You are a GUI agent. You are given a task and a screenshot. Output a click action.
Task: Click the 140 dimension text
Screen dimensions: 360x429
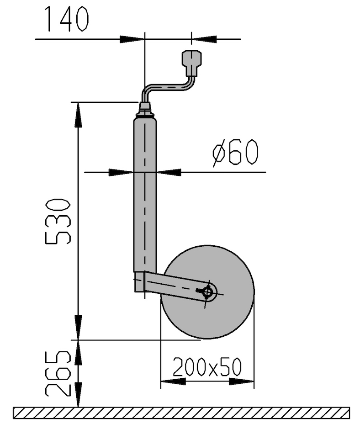(68, 19)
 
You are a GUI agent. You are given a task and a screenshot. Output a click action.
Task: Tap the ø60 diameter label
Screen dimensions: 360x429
(235, 153)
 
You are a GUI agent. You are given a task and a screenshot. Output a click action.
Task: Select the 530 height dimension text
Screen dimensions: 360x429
(58, 221)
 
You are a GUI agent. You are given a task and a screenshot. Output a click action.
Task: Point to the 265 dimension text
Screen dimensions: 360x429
(58, 373)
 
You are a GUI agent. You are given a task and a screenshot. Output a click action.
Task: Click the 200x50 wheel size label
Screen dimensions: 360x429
(207, 366)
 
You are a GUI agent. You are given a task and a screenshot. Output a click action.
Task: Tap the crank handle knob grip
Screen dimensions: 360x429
(192, 63)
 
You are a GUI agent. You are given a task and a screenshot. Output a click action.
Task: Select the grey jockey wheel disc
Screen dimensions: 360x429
(207, 292)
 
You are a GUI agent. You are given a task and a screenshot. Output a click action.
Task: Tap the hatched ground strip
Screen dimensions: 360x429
(181, 413)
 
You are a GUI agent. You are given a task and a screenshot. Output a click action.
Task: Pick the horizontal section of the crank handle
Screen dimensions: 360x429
(167, 87)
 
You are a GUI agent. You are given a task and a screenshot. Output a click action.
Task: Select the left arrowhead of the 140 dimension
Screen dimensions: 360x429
(132, 39)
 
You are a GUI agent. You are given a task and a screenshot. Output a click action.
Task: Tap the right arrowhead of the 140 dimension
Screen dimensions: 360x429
(204, 39)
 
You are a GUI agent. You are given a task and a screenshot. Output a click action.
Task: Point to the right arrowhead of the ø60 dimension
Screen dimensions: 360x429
(169, 172)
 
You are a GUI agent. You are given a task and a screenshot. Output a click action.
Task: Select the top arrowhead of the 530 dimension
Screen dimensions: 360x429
(79, 115)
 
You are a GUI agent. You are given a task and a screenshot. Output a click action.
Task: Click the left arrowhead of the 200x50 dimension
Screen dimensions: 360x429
(173, 381)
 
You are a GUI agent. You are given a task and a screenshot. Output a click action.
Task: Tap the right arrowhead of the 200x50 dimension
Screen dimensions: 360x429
(242, 381)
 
